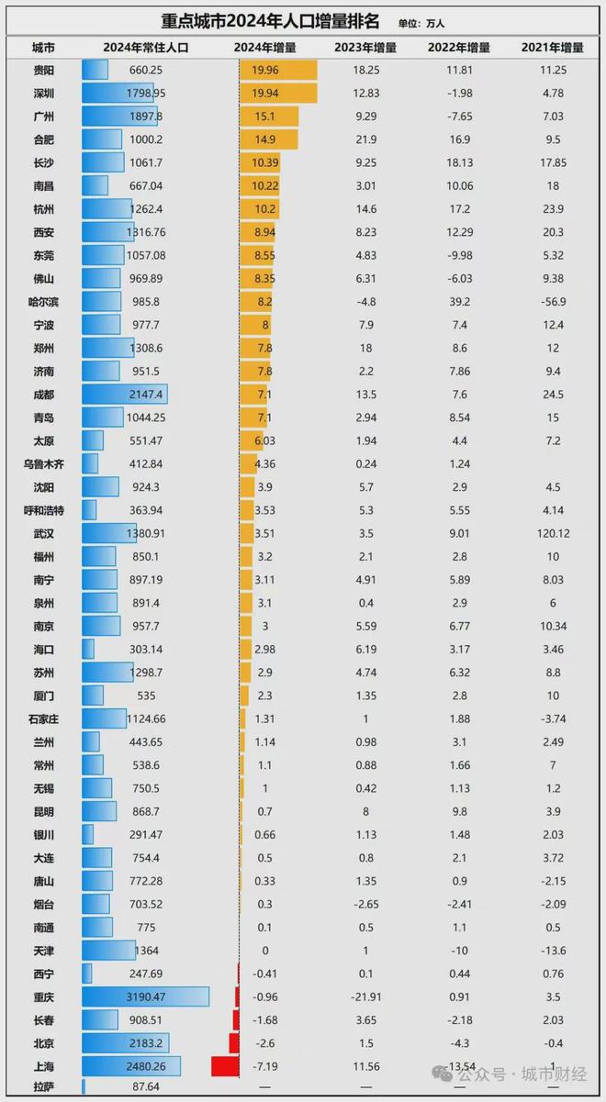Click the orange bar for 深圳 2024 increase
278,93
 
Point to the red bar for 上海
225,1066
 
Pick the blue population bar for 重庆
145,996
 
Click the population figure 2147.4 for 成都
149,395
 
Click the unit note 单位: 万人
421,23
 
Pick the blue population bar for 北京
125,1043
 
